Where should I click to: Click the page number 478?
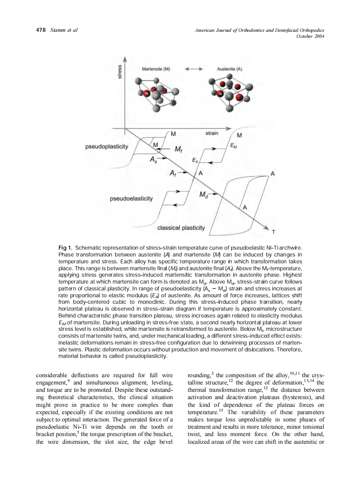(x=40, y=30)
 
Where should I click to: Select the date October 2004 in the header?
(x=310, y=36)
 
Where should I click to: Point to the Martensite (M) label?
(x=156, y=69)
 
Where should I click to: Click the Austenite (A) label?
(x=230, y=69)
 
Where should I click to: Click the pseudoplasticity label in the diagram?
(x=107, y=146)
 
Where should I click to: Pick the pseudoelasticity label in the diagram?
(x=131, y=198)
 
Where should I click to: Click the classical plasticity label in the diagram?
(x=181, y=227)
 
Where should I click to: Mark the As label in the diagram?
(x=153, y=159)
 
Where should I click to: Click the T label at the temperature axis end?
(x=272, y=232)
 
